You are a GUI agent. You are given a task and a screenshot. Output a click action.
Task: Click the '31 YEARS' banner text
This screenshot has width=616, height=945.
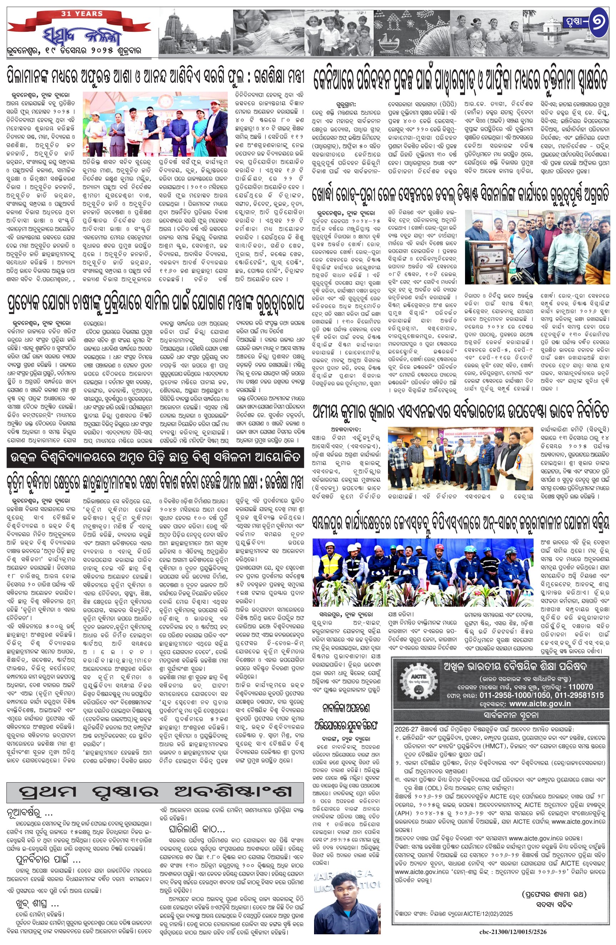(x=81, y=14)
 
